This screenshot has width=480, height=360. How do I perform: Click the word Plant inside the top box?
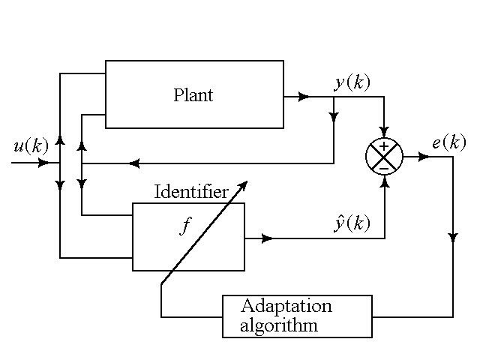pyautogui.click(x=193, y=95)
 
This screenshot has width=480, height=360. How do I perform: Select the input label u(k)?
pyautogui.click(x=31, y=145)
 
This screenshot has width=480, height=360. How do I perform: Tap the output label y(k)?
pyautogui.click(x=352, y=82)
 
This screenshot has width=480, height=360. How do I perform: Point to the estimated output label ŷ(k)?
pyautogui.click(x=352, y=223)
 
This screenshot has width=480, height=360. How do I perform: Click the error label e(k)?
pyautogui.click(x=448, y=142)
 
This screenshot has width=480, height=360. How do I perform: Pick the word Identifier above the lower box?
pyautogui.click(x=191, y=191)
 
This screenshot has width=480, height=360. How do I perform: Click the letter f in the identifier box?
pyautogui.click(x=185, y=227)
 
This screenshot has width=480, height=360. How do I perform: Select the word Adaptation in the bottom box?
pyautogui.click(x=286, y=306)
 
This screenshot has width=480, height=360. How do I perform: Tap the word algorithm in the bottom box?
pyautogui.click(x=279, y=325)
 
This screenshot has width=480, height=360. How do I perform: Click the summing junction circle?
pyautogui.click(x=384, y=157)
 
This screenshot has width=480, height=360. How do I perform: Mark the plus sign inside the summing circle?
pyautogui.click(x=384, y=147)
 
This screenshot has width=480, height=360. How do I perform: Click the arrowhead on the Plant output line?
pyautogui.click(x=304, y=97)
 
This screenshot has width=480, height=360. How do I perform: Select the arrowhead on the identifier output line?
pyautogui.click(x=267, y=238)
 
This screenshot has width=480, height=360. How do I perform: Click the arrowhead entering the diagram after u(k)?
pyautogui.click(x=45, y=162)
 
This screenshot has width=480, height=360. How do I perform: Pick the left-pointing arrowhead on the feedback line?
pyautogui.click(x=133, y=163)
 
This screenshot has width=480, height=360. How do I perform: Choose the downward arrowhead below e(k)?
pyautogui.click(x=453, y=238)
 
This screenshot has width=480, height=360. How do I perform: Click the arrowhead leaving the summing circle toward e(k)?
pyautogui.click(x=424, y=157)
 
